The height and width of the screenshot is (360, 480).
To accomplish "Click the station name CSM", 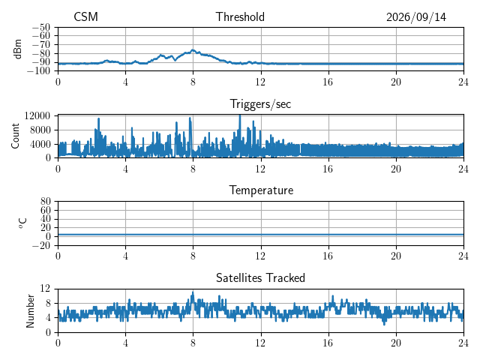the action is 85,16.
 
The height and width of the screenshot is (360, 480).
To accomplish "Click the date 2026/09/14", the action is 416,17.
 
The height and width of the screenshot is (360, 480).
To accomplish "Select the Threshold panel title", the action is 240,16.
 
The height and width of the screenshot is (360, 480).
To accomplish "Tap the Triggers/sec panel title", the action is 260,104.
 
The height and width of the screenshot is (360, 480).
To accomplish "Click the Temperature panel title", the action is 261,190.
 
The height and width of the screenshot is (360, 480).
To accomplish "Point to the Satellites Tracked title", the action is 260,278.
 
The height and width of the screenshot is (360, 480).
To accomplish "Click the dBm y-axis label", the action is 17,49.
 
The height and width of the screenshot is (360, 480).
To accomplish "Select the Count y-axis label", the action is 15,136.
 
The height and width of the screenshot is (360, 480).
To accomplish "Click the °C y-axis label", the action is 22,223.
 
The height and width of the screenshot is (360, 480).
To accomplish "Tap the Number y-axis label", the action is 30,311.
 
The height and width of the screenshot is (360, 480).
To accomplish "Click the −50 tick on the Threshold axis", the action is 41,27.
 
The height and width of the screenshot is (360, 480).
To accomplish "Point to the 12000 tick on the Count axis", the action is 37,115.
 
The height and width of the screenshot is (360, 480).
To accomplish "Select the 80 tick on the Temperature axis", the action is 45,202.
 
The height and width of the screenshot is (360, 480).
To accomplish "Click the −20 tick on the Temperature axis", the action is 41,245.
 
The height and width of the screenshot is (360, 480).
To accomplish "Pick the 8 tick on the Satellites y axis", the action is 47,303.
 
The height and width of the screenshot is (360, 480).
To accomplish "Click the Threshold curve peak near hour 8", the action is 193,49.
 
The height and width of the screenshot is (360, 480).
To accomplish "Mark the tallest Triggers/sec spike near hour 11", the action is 240,115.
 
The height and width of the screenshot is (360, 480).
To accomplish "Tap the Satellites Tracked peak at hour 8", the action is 193,292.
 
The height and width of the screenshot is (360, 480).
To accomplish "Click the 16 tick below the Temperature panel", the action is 328,256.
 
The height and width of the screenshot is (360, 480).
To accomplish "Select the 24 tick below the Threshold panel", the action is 463,82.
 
